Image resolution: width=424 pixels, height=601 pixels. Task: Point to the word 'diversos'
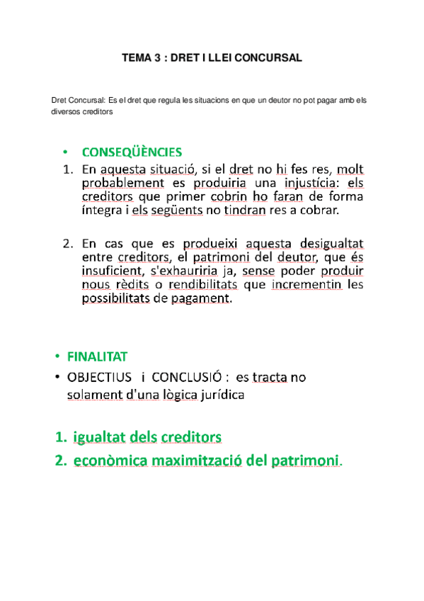66,111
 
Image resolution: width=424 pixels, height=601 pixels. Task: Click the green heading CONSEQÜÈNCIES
132,152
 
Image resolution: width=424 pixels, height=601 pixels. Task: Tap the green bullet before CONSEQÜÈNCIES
65,153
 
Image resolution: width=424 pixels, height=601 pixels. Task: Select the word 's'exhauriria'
186,270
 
